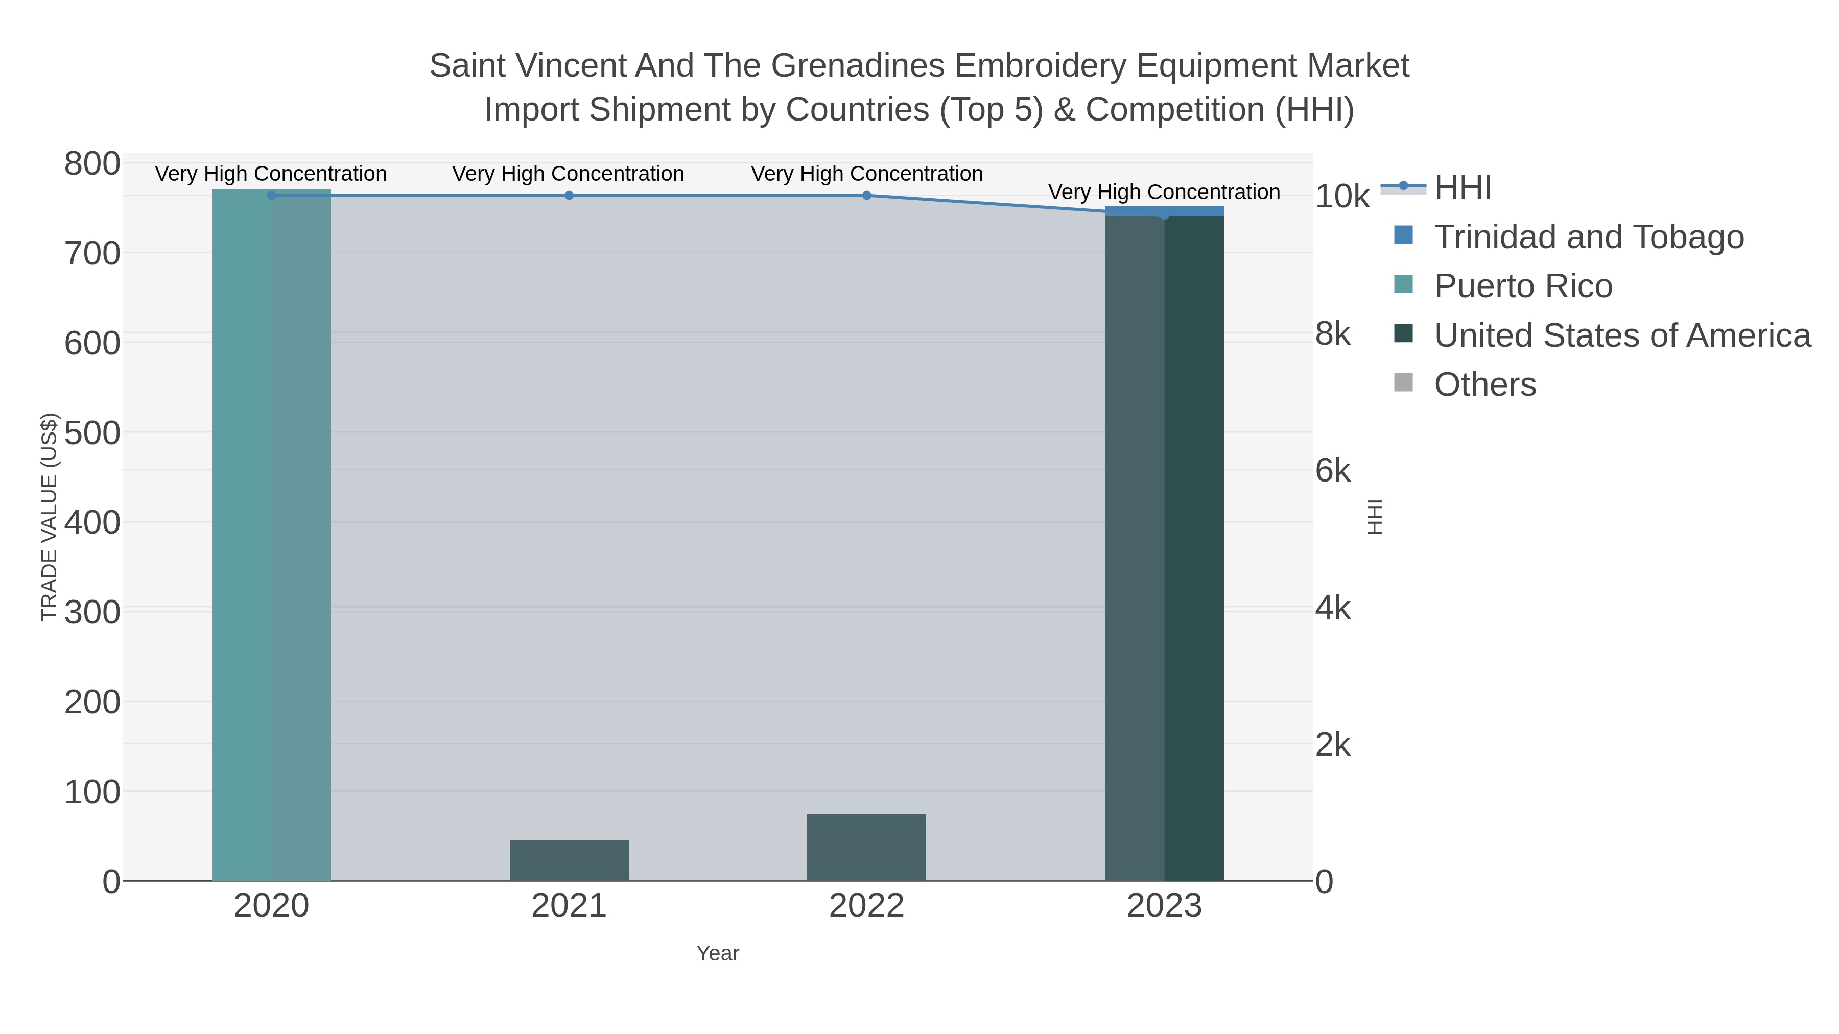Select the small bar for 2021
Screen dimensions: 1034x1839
pos(569,860)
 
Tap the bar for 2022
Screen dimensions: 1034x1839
pos(866,847)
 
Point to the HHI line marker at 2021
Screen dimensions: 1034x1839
pos(569,196)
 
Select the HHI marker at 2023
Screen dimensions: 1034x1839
pos(1164,215)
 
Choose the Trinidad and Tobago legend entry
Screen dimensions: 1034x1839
pos(1588,237)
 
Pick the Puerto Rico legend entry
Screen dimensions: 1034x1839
pos(1523,286)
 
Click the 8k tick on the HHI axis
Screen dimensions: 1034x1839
pos(1333,333)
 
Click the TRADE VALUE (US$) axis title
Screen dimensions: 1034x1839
pos(49,517)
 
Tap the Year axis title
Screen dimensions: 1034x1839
pos(718,953)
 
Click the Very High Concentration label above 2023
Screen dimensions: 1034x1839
pos(1164,192)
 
